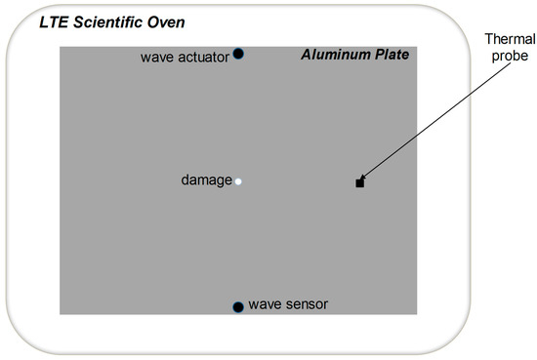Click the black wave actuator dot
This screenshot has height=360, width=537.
(238, 55)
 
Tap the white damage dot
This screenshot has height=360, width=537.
(238, 181)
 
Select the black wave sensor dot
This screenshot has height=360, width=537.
(237, 307)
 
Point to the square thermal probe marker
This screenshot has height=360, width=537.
(359, 182)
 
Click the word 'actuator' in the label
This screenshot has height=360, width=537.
(202, 58)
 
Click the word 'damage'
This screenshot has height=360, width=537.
(207, 180)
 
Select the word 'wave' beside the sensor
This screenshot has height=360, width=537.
(265, 304)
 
